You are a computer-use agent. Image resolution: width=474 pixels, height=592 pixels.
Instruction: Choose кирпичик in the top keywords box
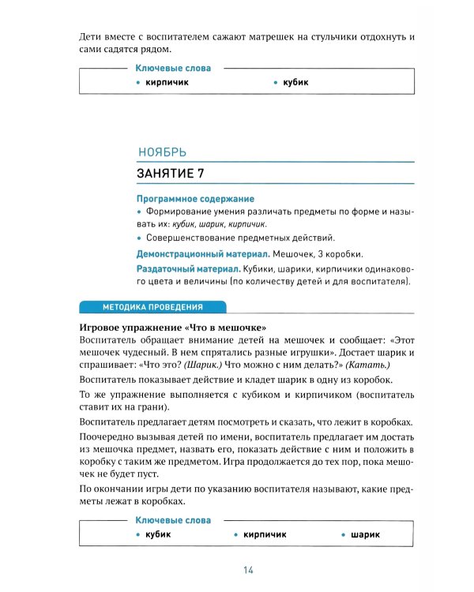[x=167, y=82]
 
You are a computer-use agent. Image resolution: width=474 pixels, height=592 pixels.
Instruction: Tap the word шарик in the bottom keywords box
[x=366, y=534]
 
